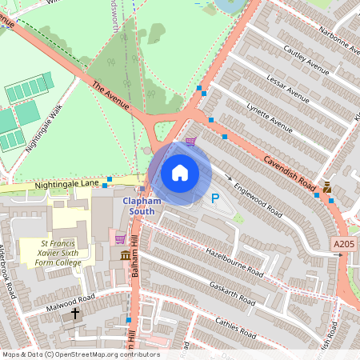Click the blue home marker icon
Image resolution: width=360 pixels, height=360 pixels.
point(179,173)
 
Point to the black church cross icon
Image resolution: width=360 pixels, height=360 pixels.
point(76,314)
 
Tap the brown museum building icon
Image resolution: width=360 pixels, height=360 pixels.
point(126,255)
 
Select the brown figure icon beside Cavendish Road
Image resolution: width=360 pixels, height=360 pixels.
point(328,188)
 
